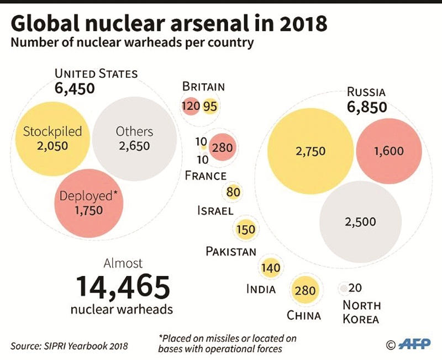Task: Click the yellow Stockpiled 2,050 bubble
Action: pos(52,138)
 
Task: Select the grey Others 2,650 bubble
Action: pos(134,139)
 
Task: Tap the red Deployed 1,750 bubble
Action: pos(90,203)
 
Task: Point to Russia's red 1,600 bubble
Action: pos(388,151)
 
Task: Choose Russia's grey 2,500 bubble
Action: pos(360,221)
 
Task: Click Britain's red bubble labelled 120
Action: pos(190,106)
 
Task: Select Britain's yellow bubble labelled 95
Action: pos(211,106)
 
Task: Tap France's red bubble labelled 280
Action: pos(223,148)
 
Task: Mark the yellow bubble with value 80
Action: pos(233,193)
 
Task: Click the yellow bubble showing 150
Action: pos(245,229)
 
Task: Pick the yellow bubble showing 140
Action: pos(271,268)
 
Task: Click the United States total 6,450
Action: pos(75,88)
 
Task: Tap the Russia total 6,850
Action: pos(366,107)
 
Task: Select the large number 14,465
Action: pos(122,286)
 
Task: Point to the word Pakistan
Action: pos(231,252)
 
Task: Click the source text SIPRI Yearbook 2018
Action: pos(69,346)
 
